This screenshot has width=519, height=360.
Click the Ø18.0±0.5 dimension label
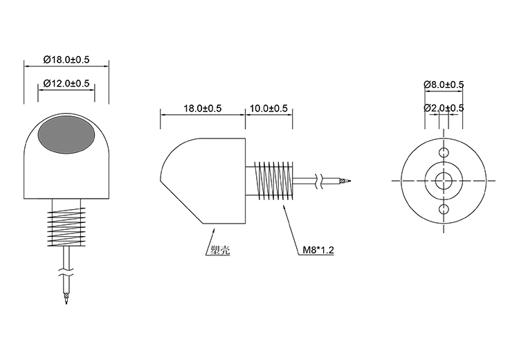tap(66, 60)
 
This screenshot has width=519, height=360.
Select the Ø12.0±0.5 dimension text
tap(66, 83)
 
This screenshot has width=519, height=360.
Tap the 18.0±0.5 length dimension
tap(202, 109)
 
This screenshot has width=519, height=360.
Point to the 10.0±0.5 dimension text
tap(268, 109)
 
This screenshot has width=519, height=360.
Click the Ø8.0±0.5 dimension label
tap(444, 84)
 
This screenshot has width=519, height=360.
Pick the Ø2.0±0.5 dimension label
tap(444, 108)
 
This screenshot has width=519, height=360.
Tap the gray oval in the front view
tap(67, 135)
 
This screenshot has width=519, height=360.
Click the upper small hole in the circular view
tap(444, 152)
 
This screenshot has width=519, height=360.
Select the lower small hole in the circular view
tap(444, 208)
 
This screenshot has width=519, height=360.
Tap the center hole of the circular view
tap(444, 180)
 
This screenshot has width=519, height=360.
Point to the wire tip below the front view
tap(66, 298)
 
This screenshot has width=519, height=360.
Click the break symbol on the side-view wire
tap(319, 181)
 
